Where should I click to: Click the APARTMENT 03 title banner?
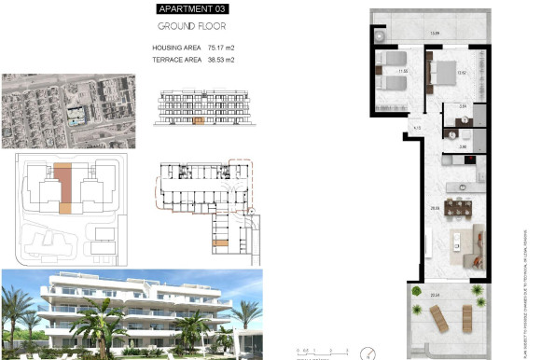[x=192, y=8]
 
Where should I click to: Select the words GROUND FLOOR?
[x=191, y=26]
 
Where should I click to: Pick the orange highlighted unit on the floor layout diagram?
[x=220, y=244]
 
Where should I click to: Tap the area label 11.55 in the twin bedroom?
[x=404, y=71]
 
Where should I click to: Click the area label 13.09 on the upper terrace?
[x=434, y=35]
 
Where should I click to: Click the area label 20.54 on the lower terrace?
[x=435, y=297]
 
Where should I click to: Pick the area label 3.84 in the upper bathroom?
[x=464, y=107]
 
